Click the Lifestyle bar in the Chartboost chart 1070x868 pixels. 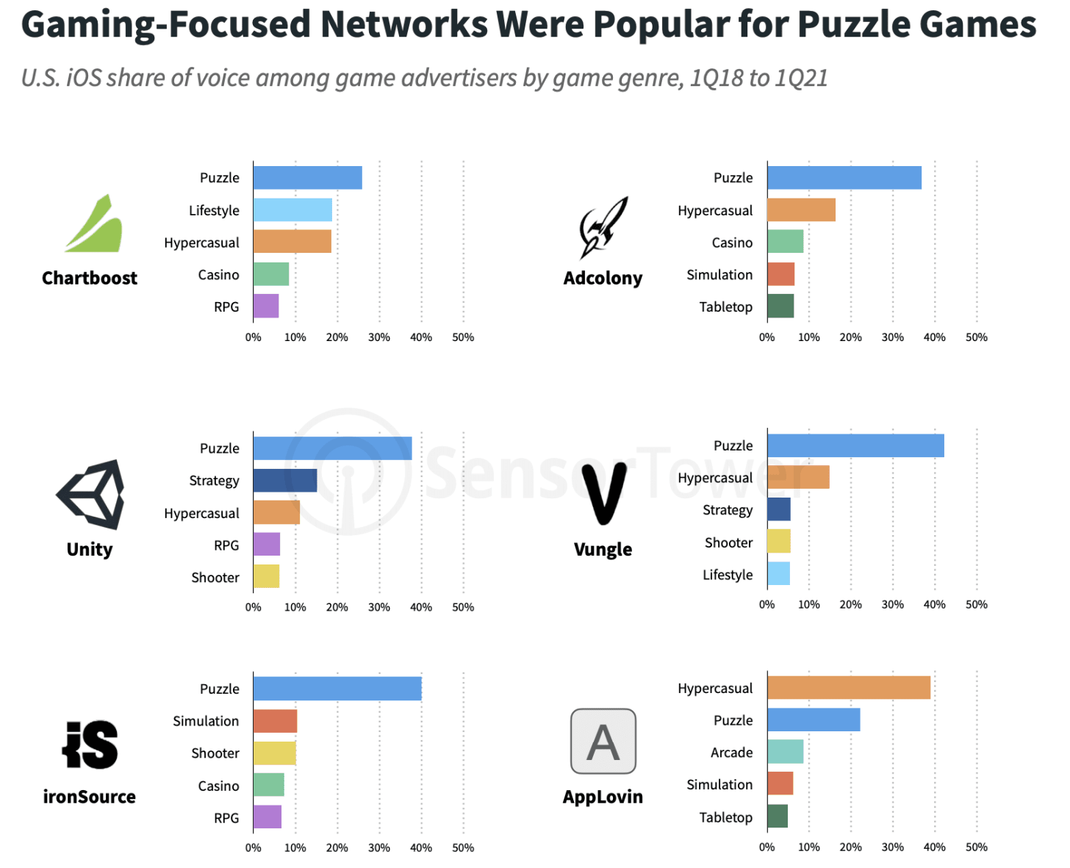click(x=292, y=210)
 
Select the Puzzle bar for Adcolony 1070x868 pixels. click(x=844, y=178)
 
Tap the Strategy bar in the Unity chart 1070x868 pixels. click(x=285, y=481)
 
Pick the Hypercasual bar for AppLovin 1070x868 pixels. click(x=849, y=688)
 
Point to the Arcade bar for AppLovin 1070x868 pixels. click(x=785, y=752)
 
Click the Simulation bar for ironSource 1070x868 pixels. click(x=275, y=721)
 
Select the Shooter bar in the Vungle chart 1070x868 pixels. click(x=779, y=542)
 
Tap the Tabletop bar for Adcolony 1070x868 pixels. click(x=780, y=306)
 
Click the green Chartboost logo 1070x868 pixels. click(x=94, y=224)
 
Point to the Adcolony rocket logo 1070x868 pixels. click(x=603, y=226)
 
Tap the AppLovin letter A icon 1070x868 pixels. click(x=603, y=742)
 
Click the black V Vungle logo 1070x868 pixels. click(x=603, y=494)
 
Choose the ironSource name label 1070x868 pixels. click(x=90, y=797)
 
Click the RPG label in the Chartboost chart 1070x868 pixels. click(x=226, y=307)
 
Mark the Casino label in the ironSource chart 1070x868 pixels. click(x=218, y=786)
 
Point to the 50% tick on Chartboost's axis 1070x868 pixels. click(x=463, y=337)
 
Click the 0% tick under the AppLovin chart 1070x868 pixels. click(x=766, y=847)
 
